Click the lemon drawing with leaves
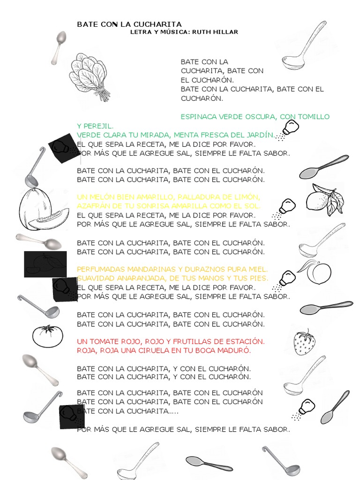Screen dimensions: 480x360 pos(324,199)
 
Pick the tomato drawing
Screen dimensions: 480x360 pos(47,336)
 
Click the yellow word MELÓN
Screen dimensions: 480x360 pos(102,197)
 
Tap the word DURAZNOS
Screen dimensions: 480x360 pos(202,269)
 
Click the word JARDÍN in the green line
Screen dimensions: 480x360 pos(259,135)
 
